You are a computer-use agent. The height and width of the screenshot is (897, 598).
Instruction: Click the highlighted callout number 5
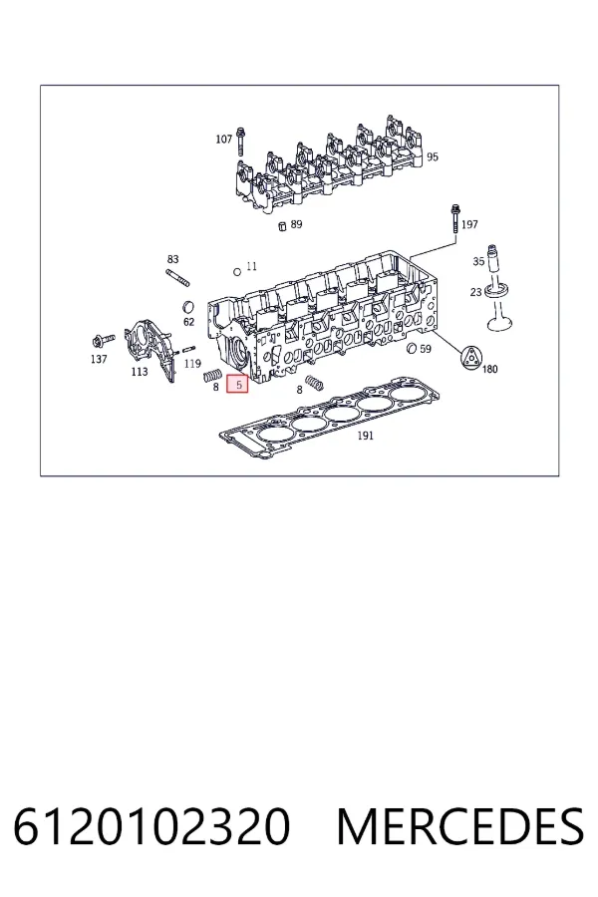237,384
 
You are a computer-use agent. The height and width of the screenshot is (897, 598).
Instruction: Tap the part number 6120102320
151,827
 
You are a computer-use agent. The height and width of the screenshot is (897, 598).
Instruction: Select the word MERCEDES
460,827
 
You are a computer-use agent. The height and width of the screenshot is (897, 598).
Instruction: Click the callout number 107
223,139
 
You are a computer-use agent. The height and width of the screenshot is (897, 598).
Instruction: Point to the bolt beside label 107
241,141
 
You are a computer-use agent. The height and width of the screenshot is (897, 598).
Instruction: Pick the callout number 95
433,156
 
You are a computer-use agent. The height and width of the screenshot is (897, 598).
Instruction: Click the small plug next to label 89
281,226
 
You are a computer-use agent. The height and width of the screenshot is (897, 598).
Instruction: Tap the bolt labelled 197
455,218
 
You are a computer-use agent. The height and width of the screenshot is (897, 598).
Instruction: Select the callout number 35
478,261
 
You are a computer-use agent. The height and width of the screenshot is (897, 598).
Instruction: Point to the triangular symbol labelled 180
471,357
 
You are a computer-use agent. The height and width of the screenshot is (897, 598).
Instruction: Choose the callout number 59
426,349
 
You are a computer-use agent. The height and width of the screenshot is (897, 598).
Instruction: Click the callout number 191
365,436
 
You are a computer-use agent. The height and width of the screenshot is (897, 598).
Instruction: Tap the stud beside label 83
177,277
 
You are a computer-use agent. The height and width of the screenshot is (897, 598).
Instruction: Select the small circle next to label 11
237,272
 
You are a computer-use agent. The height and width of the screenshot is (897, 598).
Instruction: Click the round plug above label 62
187,307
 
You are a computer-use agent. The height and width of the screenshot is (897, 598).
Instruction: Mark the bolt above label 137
103,342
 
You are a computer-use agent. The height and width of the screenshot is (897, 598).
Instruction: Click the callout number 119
192,363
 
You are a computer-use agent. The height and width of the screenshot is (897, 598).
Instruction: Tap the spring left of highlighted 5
212,376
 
